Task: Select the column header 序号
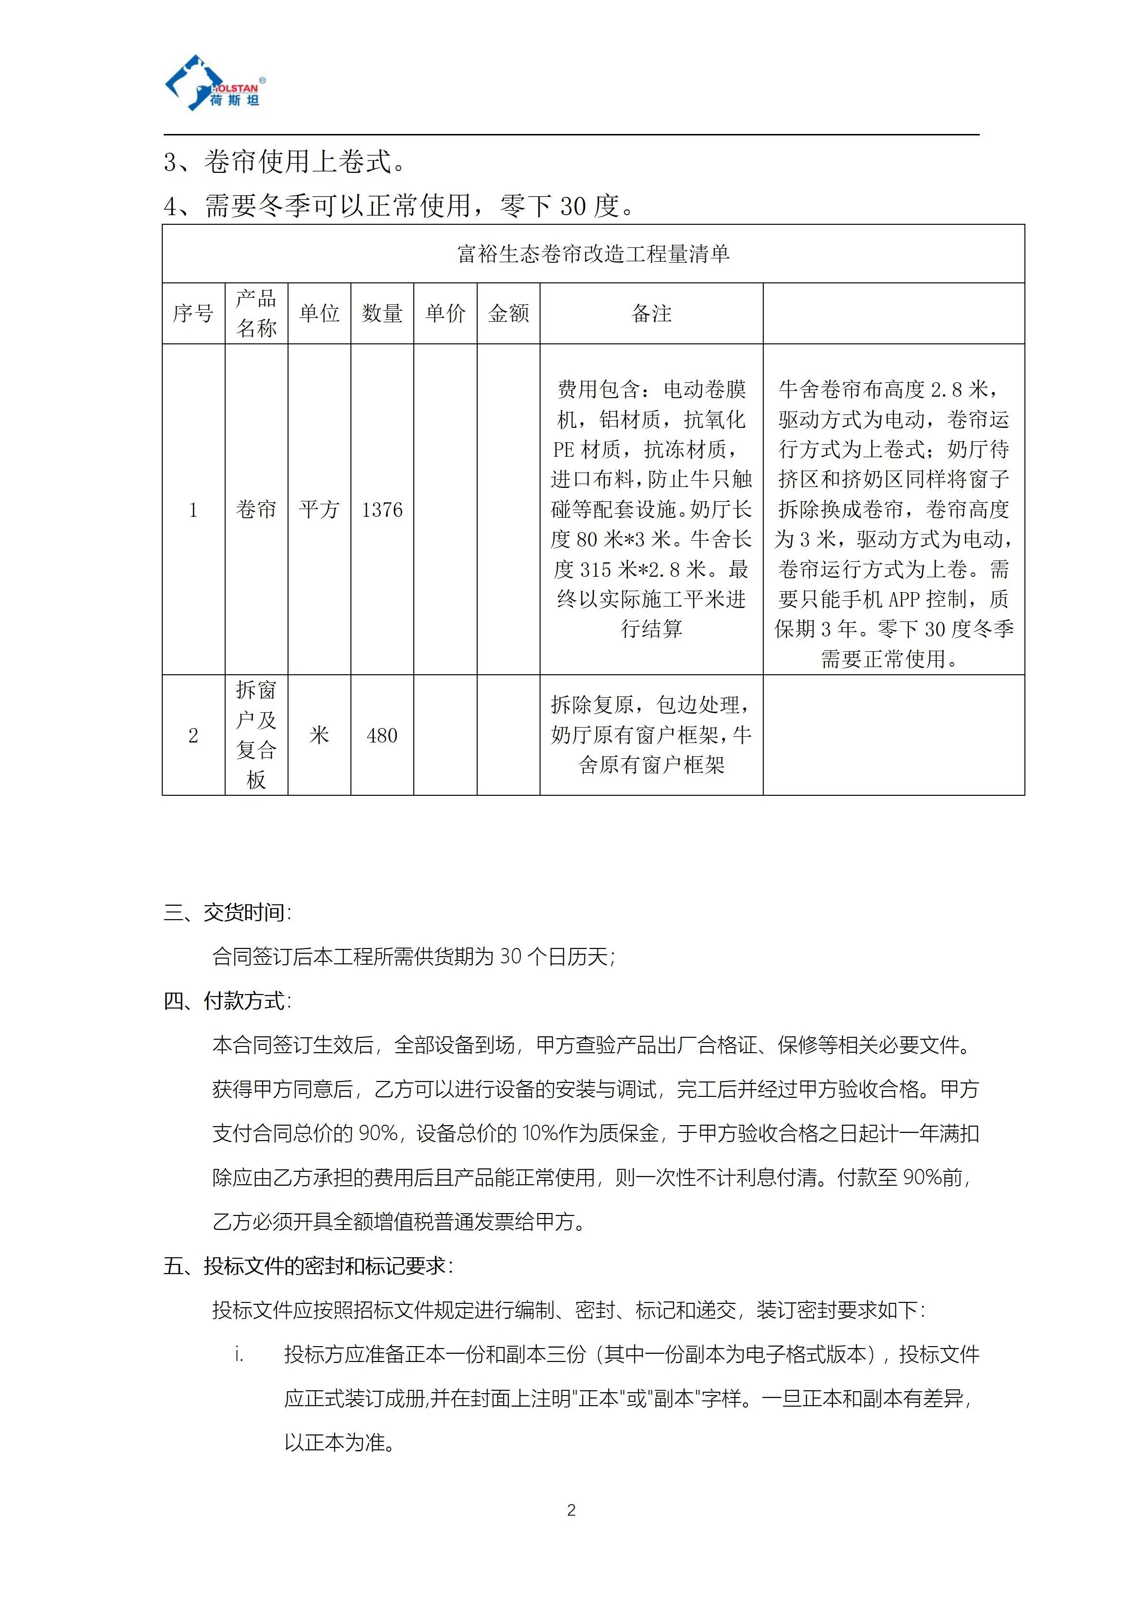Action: tap(193, 314)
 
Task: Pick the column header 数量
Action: tap(382, 314)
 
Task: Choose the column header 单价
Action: tap(445, 314)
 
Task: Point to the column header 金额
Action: tap(508, 314)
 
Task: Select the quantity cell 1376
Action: tap(382, 509)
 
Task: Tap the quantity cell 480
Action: tap(382, 735)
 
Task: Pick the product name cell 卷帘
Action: tap(256, 509)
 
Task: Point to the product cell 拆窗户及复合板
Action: tap(256, 735)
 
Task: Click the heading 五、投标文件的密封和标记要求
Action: tap(308, 1265)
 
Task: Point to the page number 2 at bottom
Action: tap(571, 1510)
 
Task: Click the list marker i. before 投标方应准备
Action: tap(239, 1354)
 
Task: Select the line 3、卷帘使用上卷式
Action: tap(284, 162)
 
